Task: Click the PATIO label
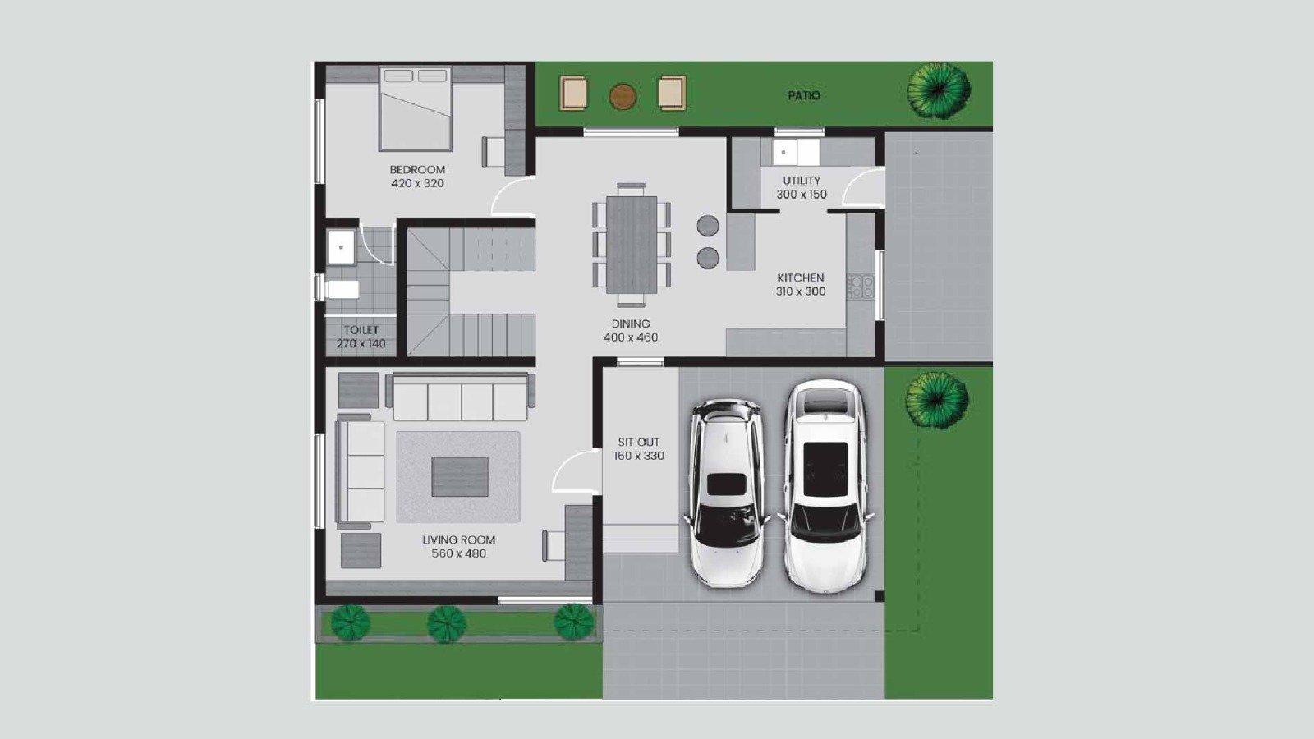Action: point(804,95)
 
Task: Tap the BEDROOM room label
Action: point(417,169)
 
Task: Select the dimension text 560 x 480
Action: point(459,553)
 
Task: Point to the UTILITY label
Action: point(802,180)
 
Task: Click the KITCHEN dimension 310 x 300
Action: point(801,291)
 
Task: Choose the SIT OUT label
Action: point(639,443)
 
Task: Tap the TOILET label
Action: point(361,330)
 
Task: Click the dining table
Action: point(632,245)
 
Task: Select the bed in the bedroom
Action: point(416,108)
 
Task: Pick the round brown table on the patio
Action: point(623,97)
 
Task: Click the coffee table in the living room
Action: point(460,476)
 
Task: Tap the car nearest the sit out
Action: point(727,493)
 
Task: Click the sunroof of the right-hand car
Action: point(825,469)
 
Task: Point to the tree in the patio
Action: point(939,91)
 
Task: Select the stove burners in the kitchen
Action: point(861,287)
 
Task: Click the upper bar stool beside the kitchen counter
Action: point(708,226)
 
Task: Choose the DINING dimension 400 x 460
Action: point(631,337)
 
